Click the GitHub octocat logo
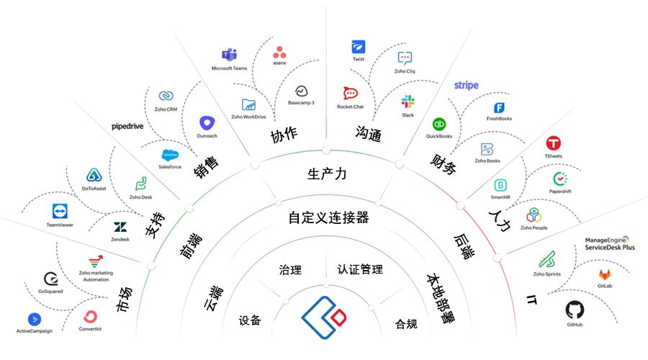[575, 310]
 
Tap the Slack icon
[408, 102]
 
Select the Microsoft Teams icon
[229, 55]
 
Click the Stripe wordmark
[467, 86]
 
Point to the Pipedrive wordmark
[127, 126]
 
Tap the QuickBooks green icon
[439, 123]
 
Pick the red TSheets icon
[554, 143]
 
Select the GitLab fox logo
[606, 274]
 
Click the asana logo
[279, 53]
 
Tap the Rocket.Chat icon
[350, 94]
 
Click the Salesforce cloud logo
[170, 154]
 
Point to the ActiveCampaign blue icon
[34, 319]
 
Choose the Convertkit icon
[91, 317]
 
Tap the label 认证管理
[360, 269]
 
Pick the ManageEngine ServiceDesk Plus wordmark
[610, 243]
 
